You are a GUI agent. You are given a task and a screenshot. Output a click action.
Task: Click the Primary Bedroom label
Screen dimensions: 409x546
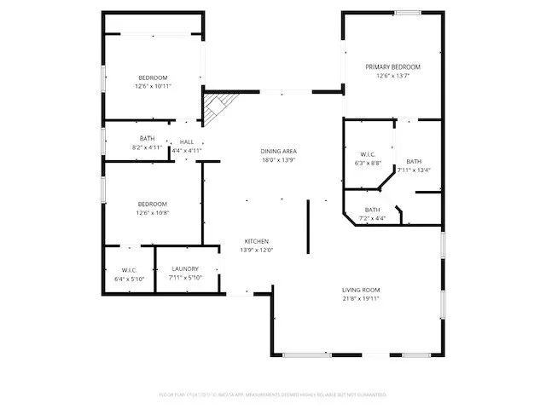(393, 66)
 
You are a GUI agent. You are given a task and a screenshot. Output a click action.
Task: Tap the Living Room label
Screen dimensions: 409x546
(360, 290)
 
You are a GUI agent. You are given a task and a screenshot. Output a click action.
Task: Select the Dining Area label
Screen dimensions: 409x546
(278, 151)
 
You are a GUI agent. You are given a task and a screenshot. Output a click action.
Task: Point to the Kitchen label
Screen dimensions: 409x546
(258, 240)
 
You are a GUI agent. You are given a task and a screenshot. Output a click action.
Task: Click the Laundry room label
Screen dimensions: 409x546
(184, 268)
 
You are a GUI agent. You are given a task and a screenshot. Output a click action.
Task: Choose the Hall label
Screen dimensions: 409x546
(186, 141)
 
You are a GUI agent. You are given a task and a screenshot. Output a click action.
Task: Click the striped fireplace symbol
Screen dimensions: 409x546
(214, 107)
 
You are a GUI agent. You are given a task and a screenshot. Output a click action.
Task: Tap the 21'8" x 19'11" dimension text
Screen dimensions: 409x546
(360, 299)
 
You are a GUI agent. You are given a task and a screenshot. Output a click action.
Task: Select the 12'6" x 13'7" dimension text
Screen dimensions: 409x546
(393, 76)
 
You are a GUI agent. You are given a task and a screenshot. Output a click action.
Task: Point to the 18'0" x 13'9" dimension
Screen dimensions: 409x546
(278, 160)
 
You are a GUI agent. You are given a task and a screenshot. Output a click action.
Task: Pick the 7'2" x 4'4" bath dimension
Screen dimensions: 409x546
(372, 219)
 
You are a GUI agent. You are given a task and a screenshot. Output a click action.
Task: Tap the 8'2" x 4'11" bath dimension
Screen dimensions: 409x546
(148, 147)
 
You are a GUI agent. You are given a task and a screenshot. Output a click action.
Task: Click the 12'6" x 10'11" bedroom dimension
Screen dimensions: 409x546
(153, 86)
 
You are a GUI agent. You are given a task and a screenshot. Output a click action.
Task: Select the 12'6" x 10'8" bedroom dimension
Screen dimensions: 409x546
(153, 212)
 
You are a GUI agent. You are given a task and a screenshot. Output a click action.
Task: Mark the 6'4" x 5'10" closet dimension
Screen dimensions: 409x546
(129, 279)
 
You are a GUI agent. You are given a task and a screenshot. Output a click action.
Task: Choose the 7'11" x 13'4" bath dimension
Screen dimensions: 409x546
(413, 170)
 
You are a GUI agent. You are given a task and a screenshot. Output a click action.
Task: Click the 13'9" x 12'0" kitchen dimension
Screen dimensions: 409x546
(258, 250)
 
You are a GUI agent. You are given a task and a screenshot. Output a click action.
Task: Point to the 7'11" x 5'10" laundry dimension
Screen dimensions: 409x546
(184, 278)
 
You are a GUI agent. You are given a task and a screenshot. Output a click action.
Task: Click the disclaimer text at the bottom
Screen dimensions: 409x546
(273, 395)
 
